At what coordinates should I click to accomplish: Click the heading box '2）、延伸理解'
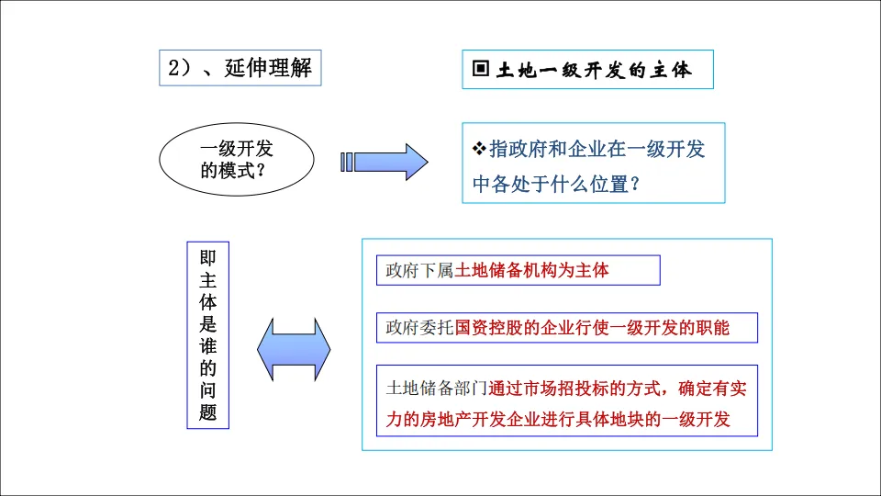240,68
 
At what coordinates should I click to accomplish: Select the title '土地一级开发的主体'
594,70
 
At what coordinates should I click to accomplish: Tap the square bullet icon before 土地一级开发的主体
480,70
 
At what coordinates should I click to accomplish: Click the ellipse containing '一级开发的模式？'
237,159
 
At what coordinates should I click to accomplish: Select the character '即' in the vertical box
208,259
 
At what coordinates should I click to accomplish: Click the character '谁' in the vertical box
208,346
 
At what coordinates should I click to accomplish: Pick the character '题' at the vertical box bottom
208,412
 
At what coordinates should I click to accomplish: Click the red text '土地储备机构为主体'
532,271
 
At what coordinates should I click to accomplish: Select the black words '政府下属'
420,271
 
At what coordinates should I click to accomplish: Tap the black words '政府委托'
420,328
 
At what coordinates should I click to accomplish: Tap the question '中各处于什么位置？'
555,185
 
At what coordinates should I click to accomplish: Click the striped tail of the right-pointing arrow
347,162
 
